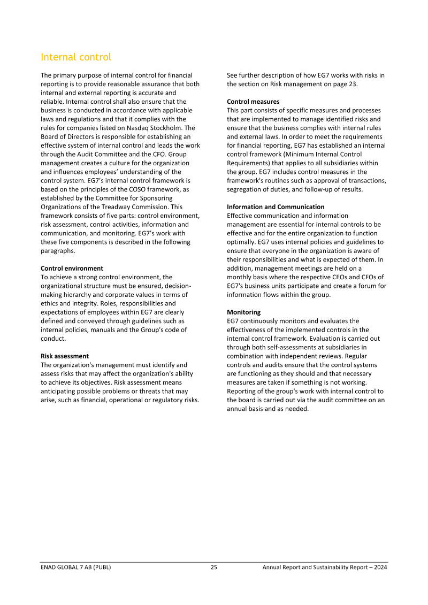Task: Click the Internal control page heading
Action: pos(76,57)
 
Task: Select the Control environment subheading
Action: pos(72,269)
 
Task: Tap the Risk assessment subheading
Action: pos(65,356)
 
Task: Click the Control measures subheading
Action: pos(253,102)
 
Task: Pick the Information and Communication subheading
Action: pos(276,206)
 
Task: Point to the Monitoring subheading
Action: pos(244,312)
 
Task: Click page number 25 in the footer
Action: pos(214,568)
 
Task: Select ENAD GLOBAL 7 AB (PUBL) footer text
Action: pos(76,568)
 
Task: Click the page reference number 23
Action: pos(352,84)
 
